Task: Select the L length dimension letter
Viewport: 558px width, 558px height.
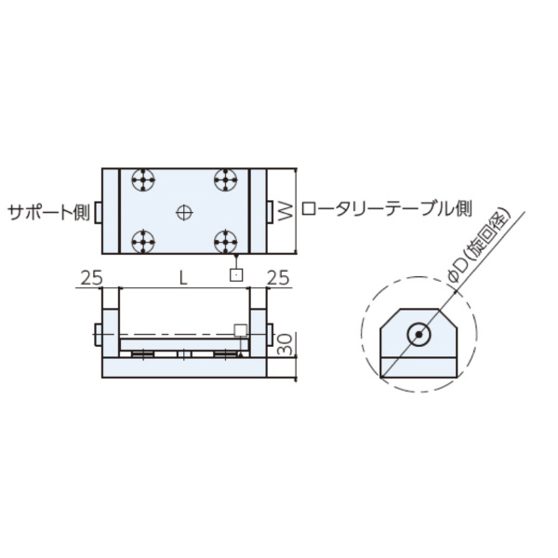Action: pos(183,277)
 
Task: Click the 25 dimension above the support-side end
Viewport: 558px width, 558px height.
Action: pos(90,277)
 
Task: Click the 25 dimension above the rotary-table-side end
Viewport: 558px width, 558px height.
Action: pos(278,277)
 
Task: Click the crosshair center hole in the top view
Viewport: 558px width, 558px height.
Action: pos(184,212)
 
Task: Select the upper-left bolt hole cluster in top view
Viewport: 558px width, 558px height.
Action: pos(142,179)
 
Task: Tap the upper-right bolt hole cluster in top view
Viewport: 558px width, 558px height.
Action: pos(226,179)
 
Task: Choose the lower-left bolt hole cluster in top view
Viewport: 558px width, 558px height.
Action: pos(142,244)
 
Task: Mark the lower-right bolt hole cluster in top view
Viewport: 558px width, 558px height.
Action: pos(226,244)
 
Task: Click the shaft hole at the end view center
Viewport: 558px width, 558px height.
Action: pos(418,333)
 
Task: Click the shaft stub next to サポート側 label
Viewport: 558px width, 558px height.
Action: pos(98,212)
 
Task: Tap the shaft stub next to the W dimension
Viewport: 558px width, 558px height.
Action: pos(270,212)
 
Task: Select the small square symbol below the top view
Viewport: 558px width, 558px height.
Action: pos(237,275)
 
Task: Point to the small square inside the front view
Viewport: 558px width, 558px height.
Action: pos(240,331)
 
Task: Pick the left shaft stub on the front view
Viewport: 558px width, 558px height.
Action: pos(98,333)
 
